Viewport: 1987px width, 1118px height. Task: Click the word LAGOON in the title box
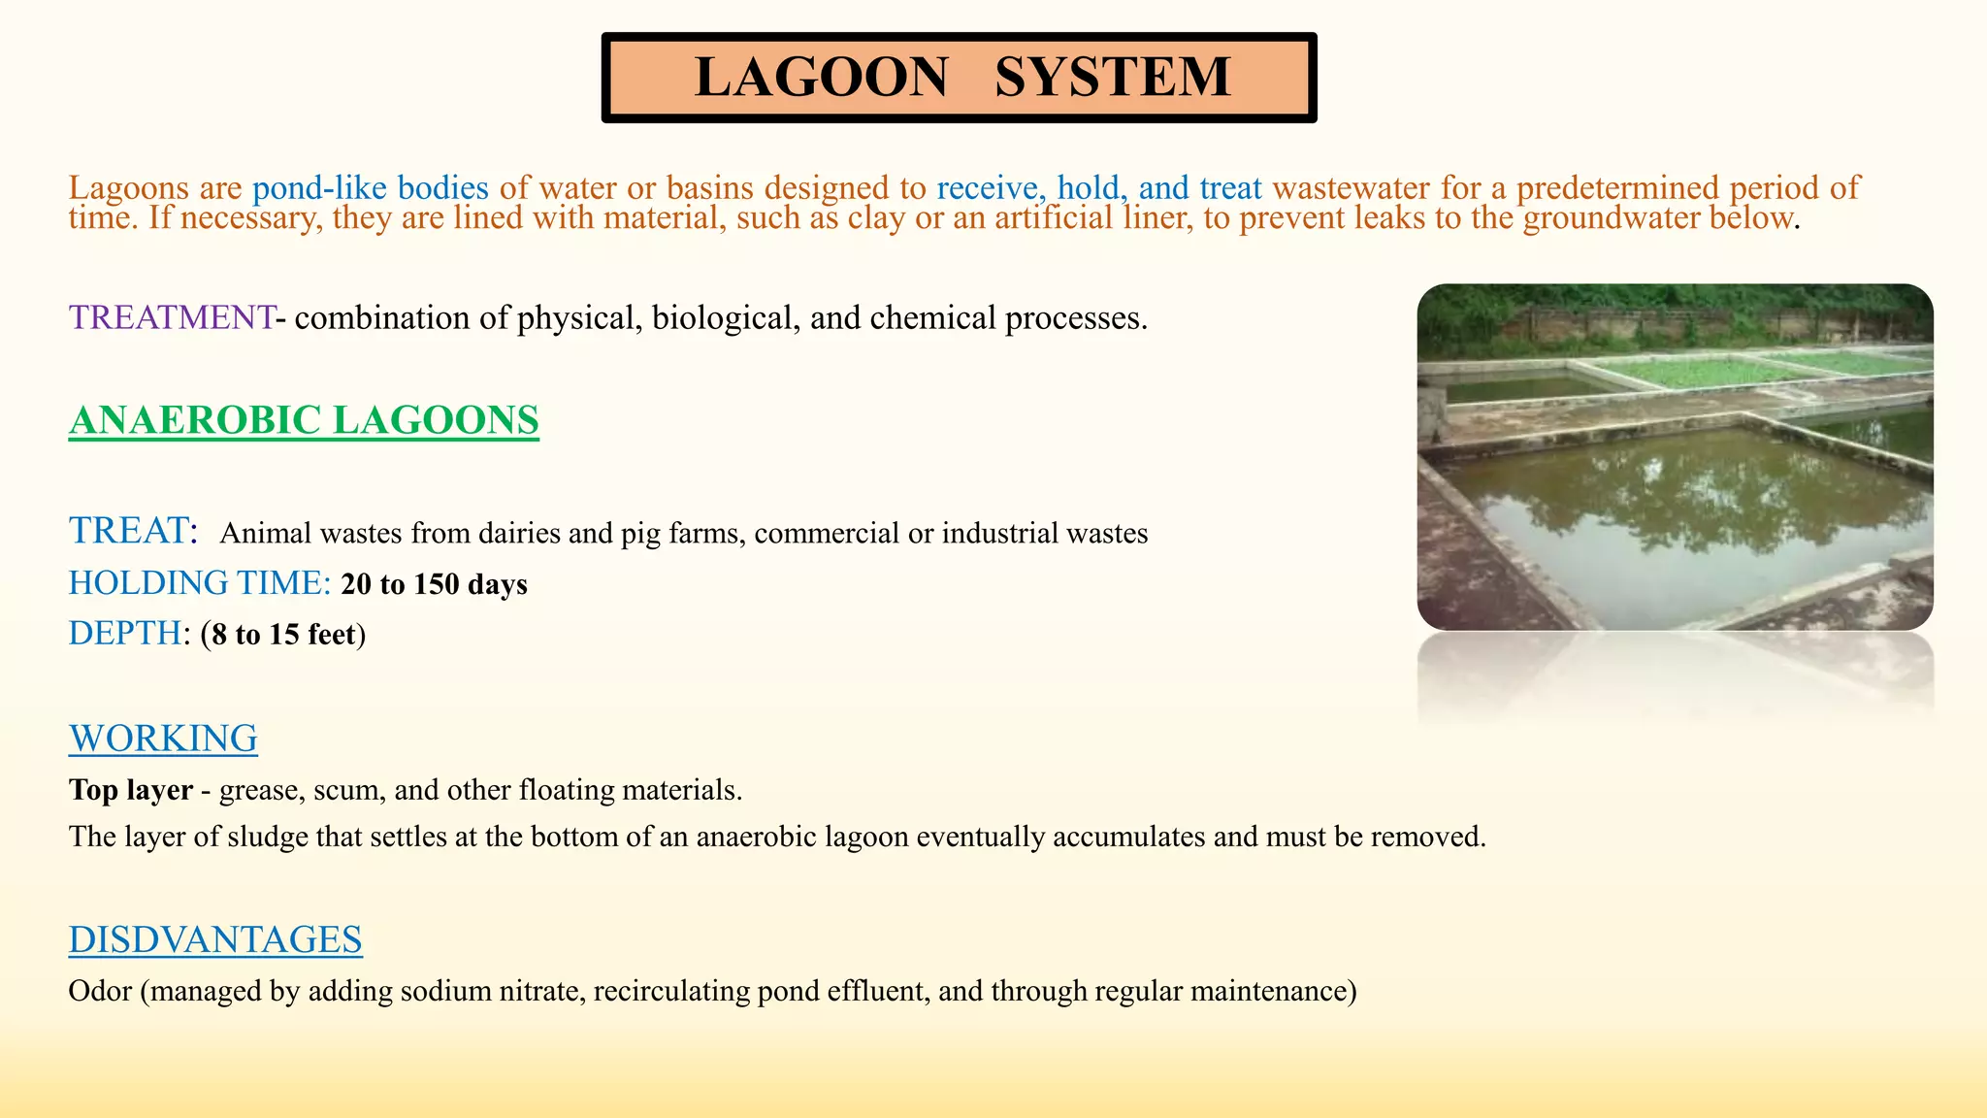[821, 78]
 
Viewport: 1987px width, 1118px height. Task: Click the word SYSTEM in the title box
[1112, 78]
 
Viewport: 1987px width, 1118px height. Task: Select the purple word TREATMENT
[171, 318]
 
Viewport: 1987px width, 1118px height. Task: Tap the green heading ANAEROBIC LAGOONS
[304, 420]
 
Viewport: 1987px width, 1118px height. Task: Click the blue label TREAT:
[133, 531]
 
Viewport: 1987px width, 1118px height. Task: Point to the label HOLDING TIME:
[200, 583]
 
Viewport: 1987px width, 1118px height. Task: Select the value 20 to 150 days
[434, 584]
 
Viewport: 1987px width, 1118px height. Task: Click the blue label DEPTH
[124, 634]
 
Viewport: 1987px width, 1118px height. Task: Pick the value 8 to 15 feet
[283, 635]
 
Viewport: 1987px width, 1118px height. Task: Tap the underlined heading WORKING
[163, 739]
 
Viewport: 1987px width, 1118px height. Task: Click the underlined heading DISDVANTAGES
[215, 939]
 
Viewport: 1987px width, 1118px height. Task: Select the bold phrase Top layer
[131, 790]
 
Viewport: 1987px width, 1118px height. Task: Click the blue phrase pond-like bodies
[371, 187]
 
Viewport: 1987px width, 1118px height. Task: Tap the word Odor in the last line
[100, 991]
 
